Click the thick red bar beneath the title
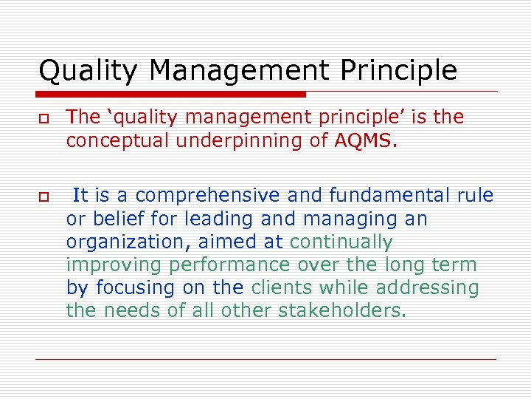point(171,95)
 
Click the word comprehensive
point(209,196)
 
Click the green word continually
point(341,242)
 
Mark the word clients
point(285,287)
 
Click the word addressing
point(425,287)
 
